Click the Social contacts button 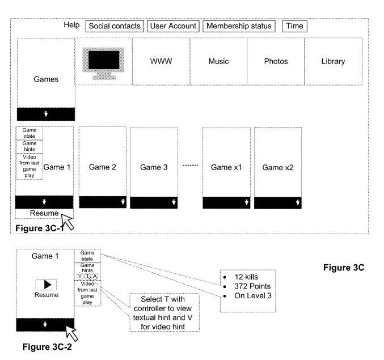(x=115, y=26)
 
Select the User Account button (x=173, y=26)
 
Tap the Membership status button (x=239, y=26)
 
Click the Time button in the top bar (x=295, y=26)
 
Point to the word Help (x=71, y=26)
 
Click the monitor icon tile (x=103, y=61)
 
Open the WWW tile (x=161, y=61)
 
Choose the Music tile (x=218, y=61)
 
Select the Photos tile (x=276, y=61)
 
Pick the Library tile (x=333, y=61)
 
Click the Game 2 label (x=103, y=167)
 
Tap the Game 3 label (x=154, y=167)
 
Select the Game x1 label (x=226, y=167)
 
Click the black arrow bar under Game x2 (x=278, y=202)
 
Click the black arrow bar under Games (x=46, y=114)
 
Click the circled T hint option (x=87, y=276)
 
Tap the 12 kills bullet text (x=246, y=276)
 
